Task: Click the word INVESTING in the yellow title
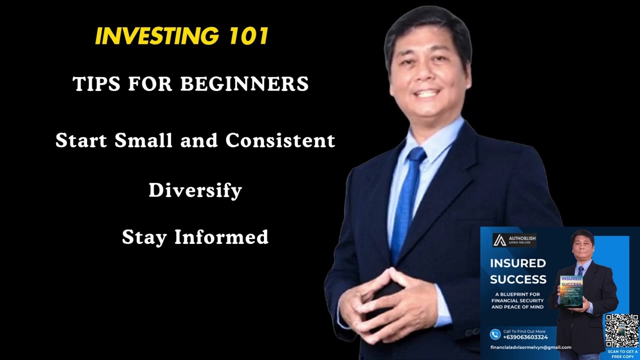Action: pyautogui.click(x=156, y=36)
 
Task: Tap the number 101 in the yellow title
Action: pyautogui.click(x=249, y=36)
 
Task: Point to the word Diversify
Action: pyautogui.click(x=195, y=190)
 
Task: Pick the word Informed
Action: pyautogui.click(x=221, y=237)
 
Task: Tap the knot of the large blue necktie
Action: pyautogui.click(x=416, y=155)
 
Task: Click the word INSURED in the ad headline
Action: pyautogui.click(x=517, y=263)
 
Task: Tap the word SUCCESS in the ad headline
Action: pyautogui.click(x=518, y=279)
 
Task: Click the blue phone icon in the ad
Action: pyautogui.click(x=495, y=334)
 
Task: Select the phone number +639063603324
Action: pyautogui.click(x=525, y=337)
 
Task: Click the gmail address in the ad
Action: pyautogui.click(x=530, y=347)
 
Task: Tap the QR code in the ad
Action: pyautogui.click(x=621, y=330)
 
